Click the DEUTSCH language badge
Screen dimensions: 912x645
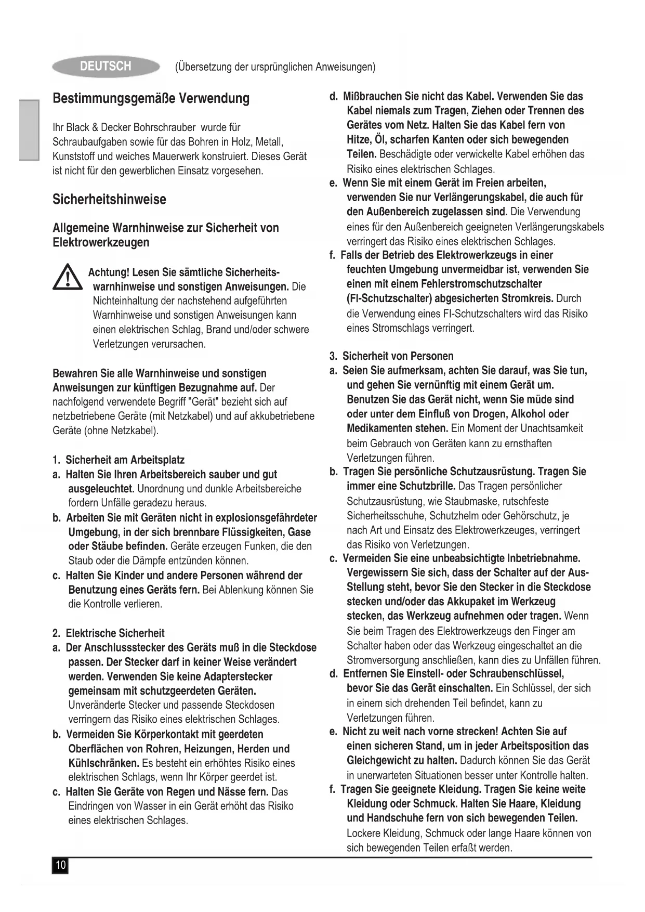pyautogui.click(x=106, y=67)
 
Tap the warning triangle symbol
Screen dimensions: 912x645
pyautogui.click(x=68, y=278)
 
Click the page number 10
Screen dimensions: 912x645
pyautogui.click(x=60, y=865)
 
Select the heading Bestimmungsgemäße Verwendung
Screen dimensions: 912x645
pyautogui.click(x=151, y=98)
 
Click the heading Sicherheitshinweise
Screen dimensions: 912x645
pyautogui.click(x=109, y=199)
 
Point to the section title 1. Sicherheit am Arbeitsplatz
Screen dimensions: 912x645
pyautogui.click(x=119, y=460)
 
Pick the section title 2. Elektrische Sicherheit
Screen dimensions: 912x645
pyautogui.click(x=108, y=633)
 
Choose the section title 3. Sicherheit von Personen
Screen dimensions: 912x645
pyautogui.click(x=391, y=356)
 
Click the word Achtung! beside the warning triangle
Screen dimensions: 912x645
pyautogui.click(x=109, y=272)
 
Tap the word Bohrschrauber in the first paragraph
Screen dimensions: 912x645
pyautogui.click(x=165, y=127)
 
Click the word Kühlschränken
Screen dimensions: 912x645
pyautogui.click(x=104, y=763)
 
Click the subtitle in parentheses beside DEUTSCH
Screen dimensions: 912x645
pyautogui.click(x=275, y=67)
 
